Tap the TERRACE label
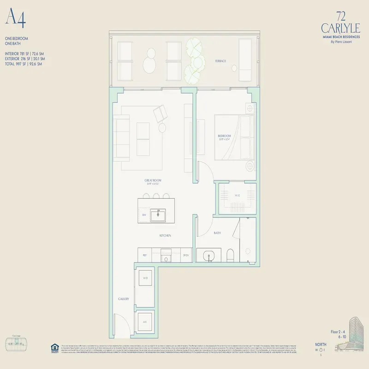pyautogui.click(x=220, y=61)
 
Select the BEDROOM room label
pyautogui.click(x=225, y=136)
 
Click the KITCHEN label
pyautogui.click(x=165, y=235)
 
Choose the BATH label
pyautogui.click(x=217, y=233)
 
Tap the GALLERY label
pyautogui.click(x=123, y=299)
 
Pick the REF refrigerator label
pyautogui.click(x=144, y=255)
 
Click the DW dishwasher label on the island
pyautogui.click(x=144, y=215)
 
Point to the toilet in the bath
pyautogui.click(x=231, y=255)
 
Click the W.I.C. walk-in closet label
pyautogui.click(x=238, y=196)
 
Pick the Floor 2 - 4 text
pyautogui.click(x=340, y=332)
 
